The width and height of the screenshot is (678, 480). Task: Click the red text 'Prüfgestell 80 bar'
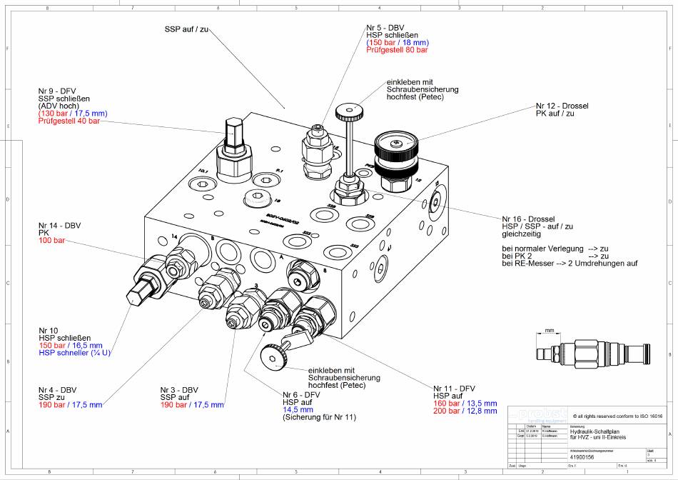click(x=397, y=50)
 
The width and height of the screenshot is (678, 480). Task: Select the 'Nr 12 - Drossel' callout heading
click(x=562, y=106)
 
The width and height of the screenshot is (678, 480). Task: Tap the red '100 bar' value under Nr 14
click(x=51, y=241)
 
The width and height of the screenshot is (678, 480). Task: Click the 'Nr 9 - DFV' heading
click(x=57, y=91)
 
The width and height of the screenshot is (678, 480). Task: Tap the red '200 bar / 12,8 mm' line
click(x=465, y=411)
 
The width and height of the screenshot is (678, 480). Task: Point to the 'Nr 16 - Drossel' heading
click(x=528, y=219)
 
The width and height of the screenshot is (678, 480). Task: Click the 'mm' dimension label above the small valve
click(x=550, y=331)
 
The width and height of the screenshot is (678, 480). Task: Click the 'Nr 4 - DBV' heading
click(x=57, y=389)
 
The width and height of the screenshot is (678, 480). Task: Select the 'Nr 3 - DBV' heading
click(x=179, y=389)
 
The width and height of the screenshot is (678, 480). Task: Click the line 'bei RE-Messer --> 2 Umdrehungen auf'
click(x=570, y=264)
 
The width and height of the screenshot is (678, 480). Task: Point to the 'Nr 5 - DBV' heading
click(x=385, y=26)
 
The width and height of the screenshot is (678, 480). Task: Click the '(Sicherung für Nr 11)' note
click(x=319, y=417)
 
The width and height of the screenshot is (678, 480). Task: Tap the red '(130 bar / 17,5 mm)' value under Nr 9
click(x=73, y=114)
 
